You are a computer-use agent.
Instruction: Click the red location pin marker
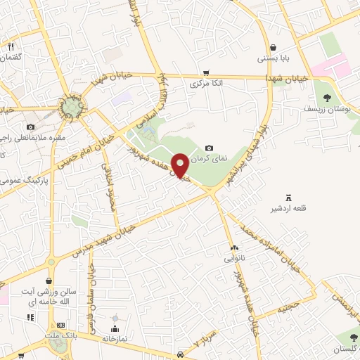coord(180,165)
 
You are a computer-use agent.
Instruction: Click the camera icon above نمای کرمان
coord(209,148)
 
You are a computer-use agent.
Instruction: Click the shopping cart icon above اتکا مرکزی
coord(205,72)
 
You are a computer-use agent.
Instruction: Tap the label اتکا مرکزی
coord(206,84)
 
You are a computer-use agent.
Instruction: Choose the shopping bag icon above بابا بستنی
coord(272,47)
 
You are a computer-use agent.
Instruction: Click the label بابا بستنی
coord(272,58)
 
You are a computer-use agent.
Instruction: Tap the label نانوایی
coord(235,258)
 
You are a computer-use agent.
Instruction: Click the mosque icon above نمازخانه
coord(115,328)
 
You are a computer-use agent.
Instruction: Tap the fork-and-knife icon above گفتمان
coord(11,46)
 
